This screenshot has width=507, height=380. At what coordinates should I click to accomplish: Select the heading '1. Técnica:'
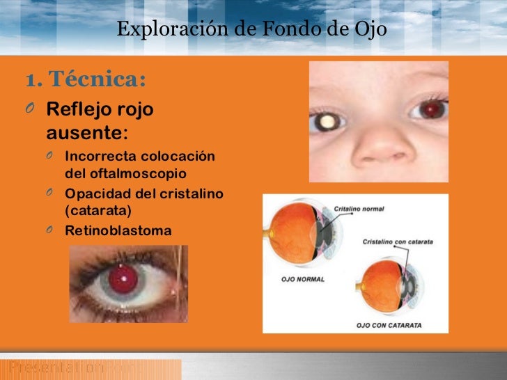[x=86, y=80]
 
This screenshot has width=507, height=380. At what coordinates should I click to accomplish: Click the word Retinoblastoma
[x=118, y=229]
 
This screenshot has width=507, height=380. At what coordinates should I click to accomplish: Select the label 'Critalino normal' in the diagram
[x=359, y=209]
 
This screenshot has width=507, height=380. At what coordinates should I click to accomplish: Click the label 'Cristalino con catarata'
[x=398, y=242]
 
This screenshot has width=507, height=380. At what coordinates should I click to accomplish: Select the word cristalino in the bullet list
[x=191, y=193]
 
